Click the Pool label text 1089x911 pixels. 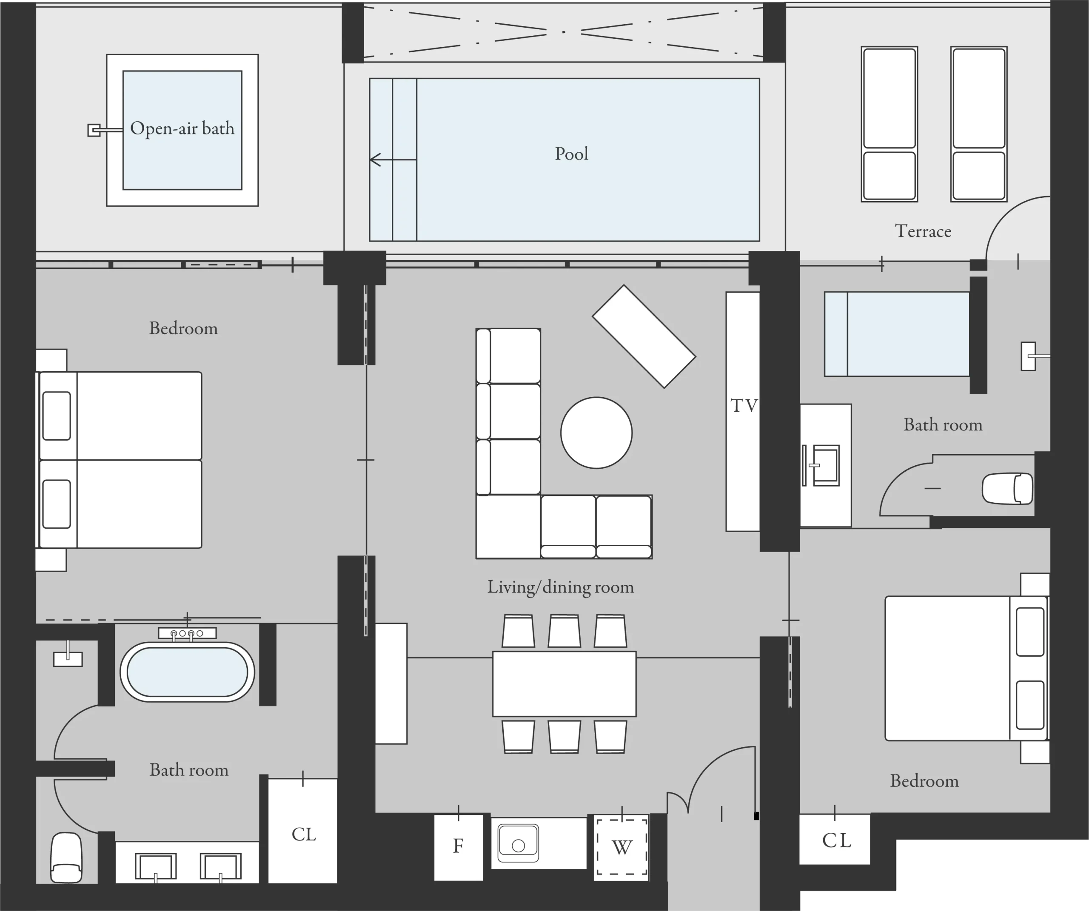point(571,154)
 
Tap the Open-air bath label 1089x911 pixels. point(182,128)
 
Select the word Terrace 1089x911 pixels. point(923,231)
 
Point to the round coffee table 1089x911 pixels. point(596,433)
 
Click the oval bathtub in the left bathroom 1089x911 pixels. point(187,672)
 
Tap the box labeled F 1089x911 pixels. point(458,846)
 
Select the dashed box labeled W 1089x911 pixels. point(621,847)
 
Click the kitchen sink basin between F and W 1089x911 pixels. point(518,844)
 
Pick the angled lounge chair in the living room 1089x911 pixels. point(644,336)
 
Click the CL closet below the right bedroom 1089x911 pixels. point(835,840)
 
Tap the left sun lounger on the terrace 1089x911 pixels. point(889,125)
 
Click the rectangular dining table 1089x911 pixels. point(564,684)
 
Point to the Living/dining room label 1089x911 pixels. point(560,587)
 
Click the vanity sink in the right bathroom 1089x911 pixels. point(824,465)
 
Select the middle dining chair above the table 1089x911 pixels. point(564,631)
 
